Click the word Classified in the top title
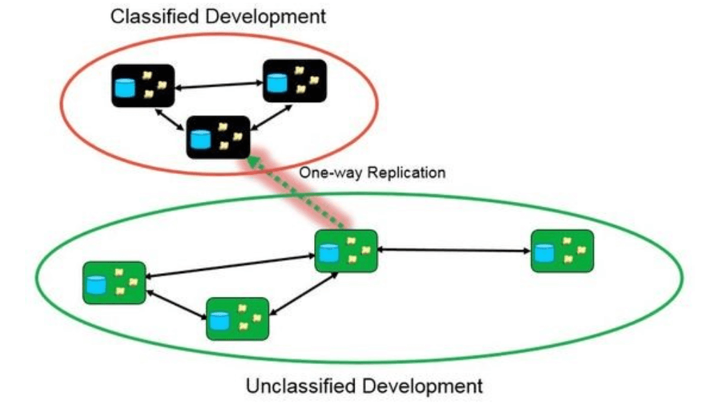pyautogui.click(x=151, y=17)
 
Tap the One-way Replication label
pyautogui.click(x=372, y=173)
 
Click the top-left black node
pyautogui.click(x=143, y=85)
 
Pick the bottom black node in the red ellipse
pyautogui.click(x=218, y=136)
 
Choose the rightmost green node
pyautogui.click(x=562, y=252)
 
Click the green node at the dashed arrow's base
pyautogui.click(x=346, y=252)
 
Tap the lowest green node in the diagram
pyautogui.click(x=237, y=319)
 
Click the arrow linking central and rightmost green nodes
pyautogui.click(x=454, y=249)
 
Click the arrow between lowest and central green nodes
pyautogui.click(x=304, y=293)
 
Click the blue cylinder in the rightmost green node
pyautogui.click(x=544, y=253)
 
